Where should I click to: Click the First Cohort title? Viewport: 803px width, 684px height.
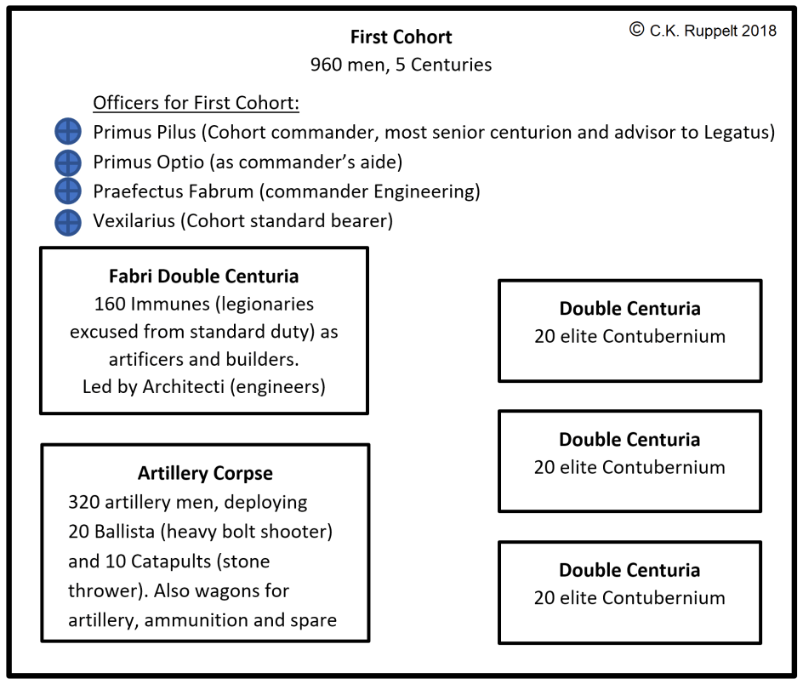401,37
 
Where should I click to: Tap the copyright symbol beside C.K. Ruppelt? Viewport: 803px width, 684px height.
636,30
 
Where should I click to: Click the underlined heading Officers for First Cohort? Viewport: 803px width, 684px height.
196,104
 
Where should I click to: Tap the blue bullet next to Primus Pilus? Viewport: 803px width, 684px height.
67,132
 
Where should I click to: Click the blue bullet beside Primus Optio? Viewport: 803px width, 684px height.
67,162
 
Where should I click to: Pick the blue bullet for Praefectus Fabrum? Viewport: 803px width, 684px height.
67,191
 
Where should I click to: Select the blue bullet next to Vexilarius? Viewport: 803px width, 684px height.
67,222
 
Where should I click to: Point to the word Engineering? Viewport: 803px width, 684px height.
433,191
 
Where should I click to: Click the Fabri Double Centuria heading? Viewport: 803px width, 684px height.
204,276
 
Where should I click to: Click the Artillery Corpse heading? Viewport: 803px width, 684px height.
205,474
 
